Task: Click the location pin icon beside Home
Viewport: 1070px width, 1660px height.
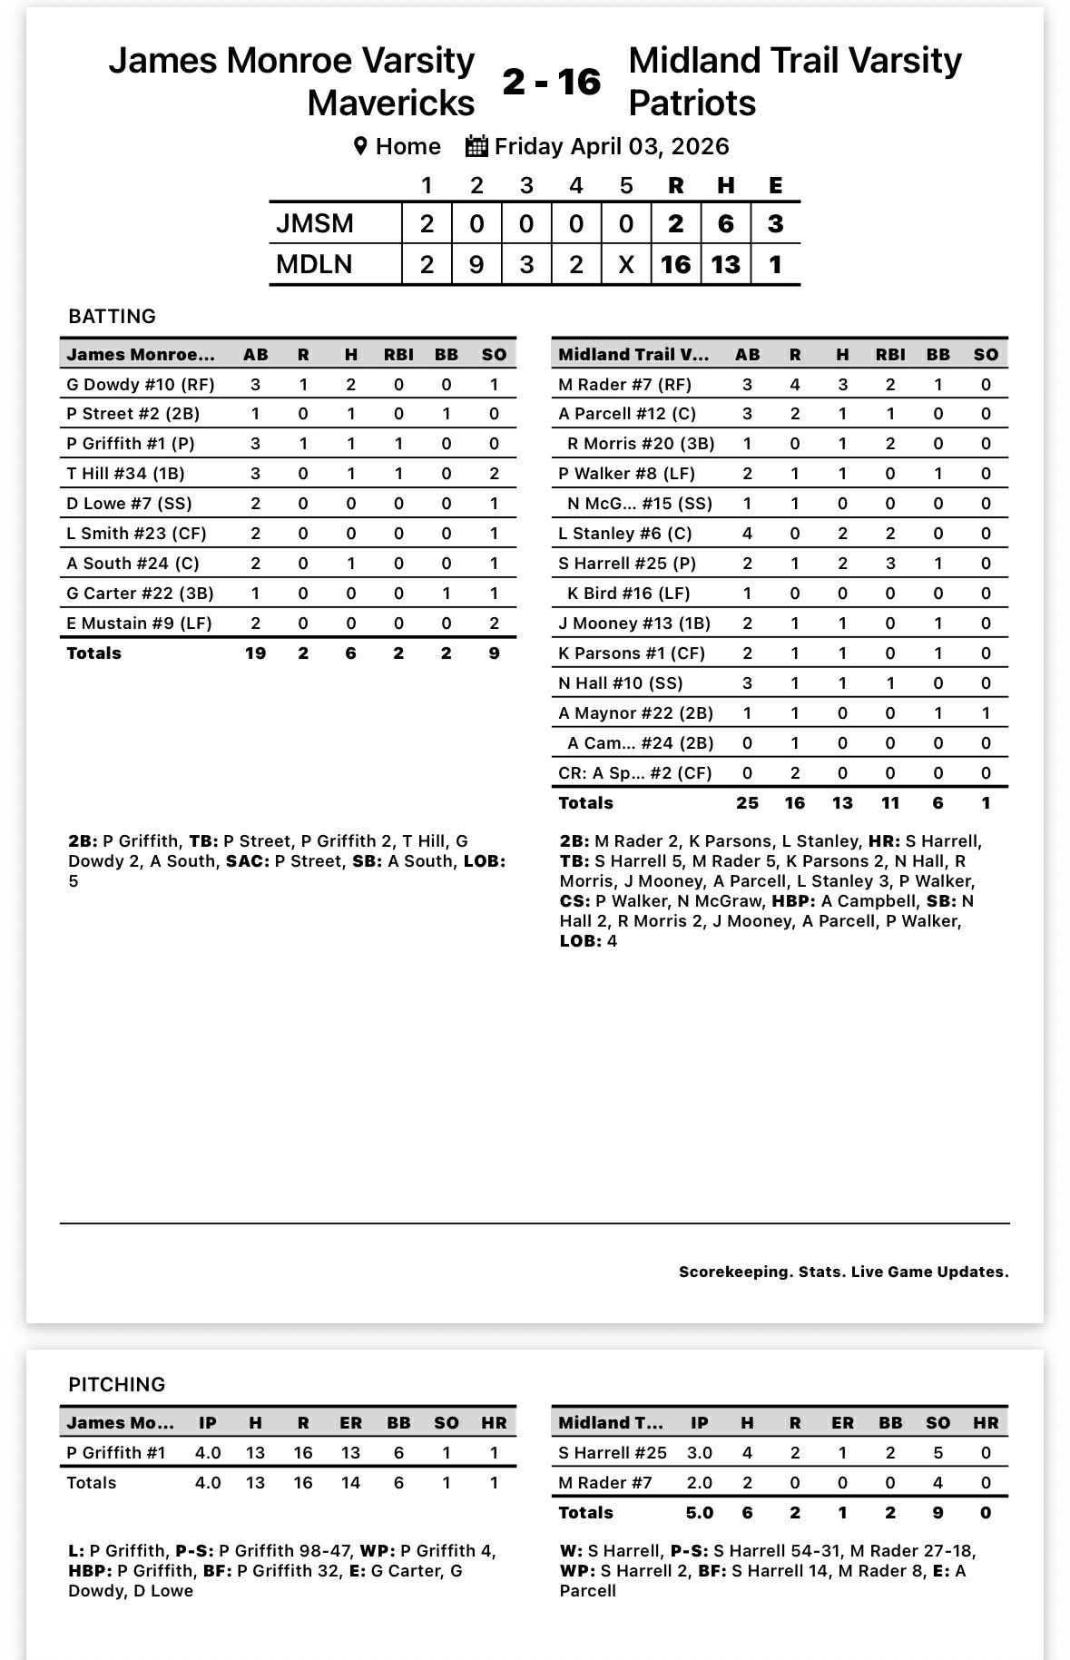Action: coord(360,146)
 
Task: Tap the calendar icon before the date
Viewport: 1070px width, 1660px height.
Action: coord(476,146)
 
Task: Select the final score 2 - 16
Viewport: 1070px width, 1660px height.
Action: coord(551,82)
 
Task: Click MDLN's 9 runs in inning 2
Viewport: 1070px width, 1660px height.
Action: coord(476,264)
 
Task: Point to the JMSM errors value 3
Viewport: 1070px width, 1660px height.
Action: coord(775,223)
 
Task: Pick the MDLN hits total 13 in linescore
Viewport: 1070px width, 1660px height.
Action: coord(725,264)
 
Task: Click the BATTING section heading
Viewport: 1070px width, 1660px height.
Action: coord(112,316)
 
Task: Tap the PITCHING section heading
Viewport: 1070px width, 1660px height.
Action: coord(116,1384)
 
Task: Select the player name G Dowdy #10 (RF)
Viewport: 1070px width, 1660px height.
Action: coord(141,384)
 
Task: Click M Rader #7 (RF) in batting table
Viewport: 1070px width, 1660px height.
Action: coord(624,384)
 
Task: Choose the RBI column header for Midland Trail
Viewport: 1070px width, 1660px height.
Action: coord(890,354)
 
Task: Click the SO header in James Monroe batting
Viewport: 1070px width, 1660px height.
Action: coord(494,354)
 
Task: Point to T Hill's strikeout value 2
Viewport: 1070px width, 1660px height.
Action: coord(494,473)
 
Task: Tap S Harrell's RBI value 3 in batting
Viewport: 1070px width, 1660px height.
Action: coord(890,563)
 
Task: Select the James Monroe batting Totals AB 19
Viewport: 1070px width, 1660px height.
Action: coord(255,653)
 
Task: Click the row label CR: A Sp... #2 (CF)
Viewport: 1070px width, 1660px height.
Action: coord(634,772)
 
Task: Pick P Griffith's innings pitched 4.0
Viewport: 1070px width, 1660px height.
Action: coord(208,1452)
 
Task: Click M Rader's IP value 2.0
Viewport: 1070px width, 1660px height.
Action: coord(699,1482)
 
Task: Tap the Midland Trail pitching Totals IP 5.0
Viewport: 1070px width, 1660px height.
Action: coord(699,1512)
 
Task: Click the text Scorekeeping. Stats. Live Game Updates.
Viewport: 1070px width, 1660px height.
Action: coord(843,1272)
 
